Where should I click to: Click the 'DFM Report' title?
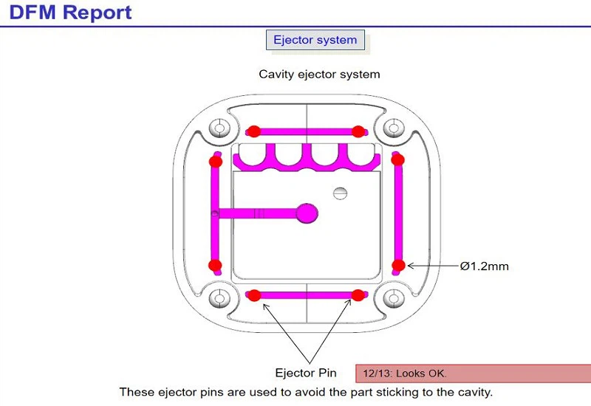(71, 13)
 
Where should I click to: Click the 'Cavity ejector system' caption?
(319, 74)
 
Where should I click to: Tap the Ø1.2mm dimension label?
(484, 266)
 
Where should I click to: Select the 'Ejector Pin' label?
(305, 373)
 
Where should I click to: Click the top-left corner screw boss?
(219, 128)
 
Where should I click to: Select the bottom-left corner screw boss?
(219, 298)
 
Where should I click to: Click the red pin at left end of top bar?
(253, 131)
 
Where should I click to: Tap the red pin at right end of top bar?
(358, 131)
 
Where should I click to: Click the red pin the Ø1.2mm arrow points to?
(398, 265)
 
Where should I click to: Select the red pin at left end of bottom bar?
(253, 296)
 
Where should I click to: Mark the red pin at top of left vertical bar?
(215, 161)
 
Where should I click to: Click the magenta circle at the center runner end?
(307, 214)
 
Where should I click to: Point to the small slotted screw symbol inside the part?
(340, 193)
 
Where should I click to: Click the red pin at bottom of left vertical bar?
(215, 265)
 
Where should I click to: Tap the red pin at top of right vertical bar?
(397, 160)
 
